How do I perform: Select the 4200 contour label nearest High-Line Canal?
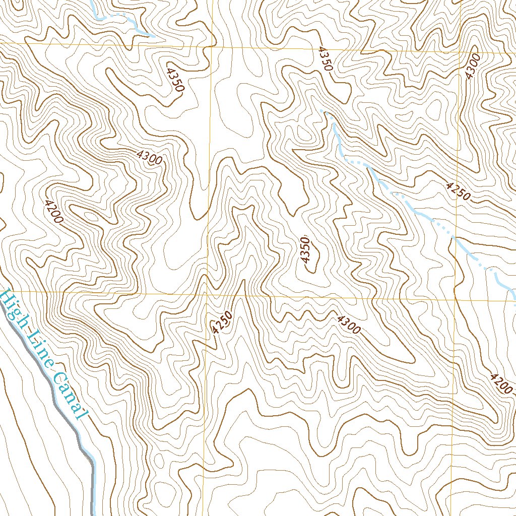[53, 212]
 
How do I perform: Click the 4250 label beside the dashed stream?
[458, 191]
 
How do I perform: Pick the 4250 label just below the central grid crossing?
[222, 322]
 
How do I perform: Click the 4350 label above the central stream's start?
[326, 58]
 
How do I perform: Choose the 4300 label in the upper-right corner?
[473, 66]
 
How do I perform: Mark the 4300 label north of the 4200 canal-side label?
[150, 158]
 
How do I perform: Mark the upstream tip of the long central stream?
[321, 109]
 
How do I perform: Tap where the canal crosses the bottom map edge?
[93, 514]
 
